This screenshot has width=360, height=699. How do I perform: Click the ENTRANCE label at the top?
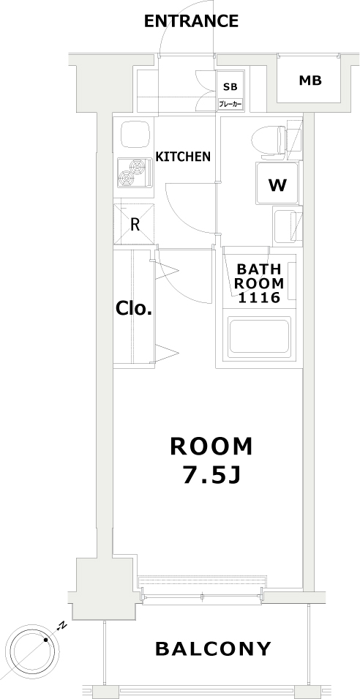coord(191,21)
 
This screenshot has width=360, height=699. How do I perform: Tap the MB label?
coord(310,81)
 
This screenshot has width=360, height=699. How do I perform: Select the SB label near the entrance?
coord(230,86)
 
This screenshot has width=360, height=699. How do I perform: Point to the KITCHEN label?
coord(184,156)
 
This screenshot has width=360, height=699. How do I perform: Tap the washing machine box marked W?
coord(277,184)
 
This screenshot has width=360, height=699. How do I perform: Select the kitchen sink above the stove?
coord(134,135)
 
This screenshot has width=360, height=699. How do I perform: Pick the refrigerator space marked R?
coord(135,224)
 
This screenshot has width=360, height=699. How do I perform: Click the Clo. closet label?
coord(134,308)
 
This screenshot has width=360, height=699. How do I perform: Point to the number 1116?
coord(259,297)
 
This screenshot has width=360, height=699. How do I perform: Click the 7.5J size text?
coord(211,475)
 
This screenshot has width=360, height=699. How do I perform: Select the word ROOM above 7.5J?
coord(211,445)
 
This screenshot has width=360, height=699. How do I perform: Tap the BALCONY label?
coord(213,648)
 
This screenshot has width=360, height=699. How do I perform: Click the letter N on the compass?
coord(63,625)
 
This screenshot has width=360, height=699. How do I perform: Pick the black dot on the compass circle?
coord(46,641)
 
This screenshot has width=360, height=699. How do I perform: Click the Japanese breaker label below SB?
coord(230,105)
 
